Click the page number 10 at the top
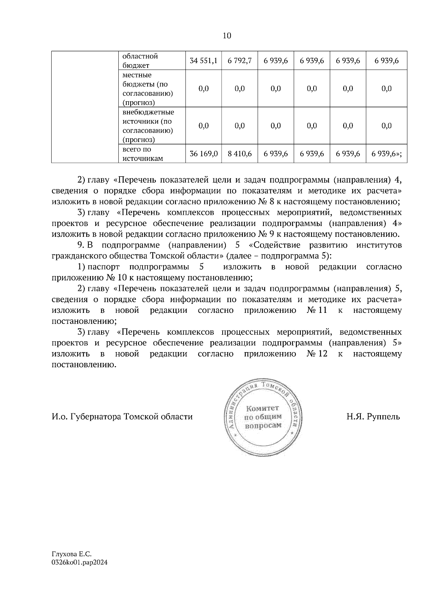227,36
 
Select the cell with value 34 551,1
203,61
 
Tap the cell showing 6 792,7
240,61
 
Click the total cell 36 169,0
204,154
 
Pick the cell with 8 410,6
240,154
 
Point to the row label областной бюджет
140,61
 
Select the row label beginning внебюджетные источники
148,126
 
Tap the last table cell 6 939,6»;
386,154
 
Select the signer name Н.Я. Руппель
373,417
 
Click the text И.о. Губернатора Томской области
122,417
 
